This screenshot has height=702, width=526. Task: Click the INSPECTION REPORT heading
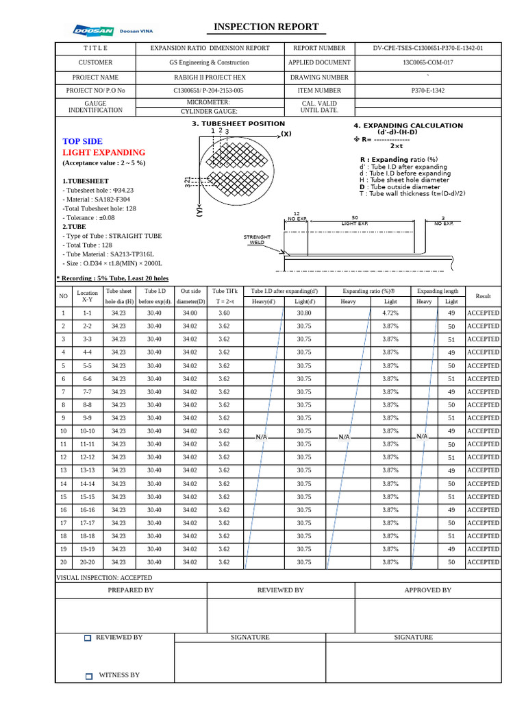[x=266, y=27]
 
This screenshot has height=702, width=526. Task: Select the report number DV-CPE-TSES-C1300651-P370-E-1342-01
[x=427, y=49]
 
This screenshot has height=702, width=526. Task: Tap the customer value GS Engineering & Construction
[x=210, y=62]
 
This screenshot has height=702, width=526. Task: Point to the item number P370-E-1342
[x=427, y=90]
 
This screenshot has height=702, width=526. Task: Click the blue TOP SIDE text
[x=82, y=141]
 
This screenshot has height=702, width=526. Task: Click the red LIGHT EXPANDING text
[x=103, y=152]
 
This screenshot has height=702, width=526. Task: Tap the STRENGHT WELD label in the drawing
[x=257, y=239]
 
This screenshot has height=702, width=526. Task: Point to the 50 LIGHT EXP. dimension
[x=354, y=220]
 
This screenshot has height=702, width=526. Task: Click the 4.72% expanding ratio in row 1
[x=390, y=313]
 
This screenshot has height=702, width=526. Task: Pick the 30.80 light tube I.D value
[x=304, y=313]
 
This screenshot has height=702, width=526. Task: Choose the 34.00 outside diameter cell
[x=190, y=313]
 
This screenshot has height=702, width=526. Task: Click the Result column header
[x=483, y=296]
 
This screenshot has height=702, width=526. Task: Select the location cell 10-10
[x=88, y=431]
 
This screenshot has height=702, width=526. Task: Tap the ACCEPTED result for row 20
[x=483, y=562]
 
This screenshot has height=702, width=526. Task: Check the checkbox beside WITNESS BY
[x=88, y=677]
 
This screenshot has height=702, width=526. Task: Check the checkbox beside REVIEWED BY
[x=88, y=638]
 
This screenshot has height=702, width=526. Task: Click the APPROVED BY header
[x=427, y=590]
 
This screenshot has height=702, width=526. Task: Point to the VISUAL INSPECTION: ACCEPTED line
[x=103, y=578]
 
